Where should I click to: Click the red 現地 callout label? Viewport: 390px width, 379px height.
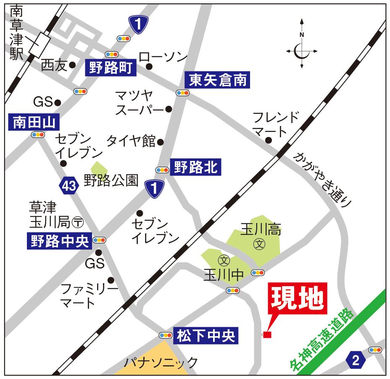[x=298, y=299]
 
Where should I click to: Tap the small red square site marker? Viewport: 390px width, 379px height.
[x=267, y=334]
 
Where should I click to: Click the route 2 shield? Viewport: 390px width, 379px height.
[x=356, y=360]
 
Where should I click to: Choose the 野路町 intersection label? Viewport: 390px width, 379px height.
[x=111, y=67]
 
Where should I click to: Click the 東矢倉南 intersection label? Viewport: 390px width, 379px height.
[x=217, y=79]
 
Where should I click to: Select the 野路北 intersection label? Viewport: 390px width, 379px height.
[x=194, y=168]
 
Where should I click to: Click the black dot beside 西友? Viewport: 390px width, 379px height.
[x=72, y=65]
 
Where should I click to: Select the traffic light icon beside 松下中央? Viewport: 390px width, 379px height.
[x=165, y=335]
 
